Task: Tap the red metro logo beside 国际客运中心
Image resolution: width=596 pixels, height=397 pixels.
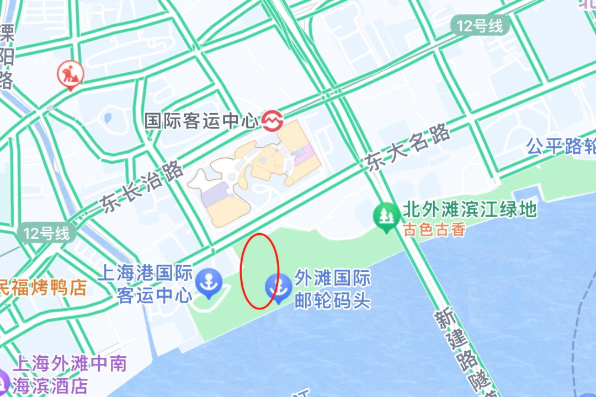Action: point(272,120)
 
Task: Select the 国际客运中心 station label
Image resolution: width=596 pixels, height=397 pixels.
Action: point(201,121)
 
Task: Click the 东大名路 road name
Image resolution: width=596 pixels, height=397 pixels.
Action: point(407,148)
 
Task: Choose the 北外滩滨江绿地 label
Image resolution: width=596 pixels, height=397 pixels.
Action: point(470,210)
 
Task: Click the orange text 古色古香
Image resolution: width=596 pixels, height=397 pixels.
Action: point(434,229)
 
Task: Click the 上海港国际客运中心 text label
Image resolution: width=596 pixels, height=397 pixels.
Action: point(146,283)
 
